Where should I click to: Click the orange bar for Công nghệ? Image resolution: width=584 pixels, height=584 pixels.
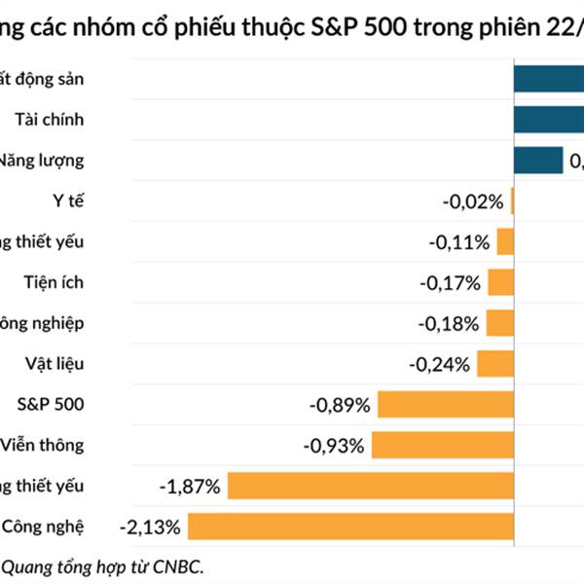click(x=350, y=527)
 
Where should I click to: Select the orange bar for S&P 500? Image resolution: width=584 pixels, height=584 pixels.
click(x=446, y=404)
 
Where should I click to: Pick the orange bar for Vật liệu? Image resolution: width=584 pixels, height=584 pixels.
click(x=495, y=364)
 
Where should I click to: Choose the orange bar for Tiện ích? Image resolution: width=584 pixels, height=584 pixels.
click(x=500, y=282)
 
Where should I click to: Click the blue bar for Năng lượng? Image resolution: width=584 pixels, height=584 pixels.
click(x=538, y=161)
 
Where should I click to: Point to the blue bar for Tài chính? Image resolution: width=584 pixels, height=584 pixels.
click(x=549, y=120)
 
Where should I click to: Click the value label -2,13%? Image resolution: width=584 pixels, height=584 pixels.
click(x=149, y=528)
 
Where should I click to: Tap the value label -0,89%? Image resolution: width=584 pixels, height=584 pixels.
click(x=339, y=405)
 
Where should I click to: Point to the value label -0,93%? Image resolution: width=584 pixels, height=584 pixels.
click(x=334, y=446)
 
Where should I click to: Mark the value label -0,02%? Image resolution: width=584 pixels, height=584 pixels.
click(x=473, y=201)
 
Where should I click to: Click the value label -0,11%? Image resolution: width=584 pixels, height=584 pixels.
click(x=459, y=242)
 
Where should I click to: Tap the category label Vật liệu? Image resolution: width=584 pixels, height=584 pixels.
click(x=55, y=364)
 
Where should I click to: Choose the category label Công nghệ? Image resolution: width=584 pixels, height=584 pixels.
click(x=44, y=527)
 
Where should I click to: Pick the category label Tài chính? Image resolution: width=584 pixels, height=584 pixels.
click(x=50, y=120)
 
